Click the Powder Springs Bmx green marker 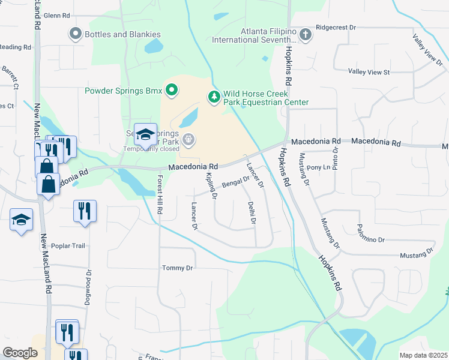point(172,91)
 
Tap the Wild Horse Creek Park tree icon point(214,97)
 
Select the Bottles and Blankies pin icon point(76,34)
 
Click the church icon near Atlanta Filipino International point(306,34)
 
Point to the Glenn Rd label point(57,16)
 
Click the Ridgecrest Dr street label point(336,28)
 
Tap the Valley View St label point(369,72)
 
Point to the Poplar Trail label point(70,245)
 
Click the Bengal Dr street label point(236,181)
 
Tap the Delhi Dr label point(252,214)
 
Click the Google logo point(20,353)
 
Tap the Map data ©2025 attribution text point(423,355)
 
